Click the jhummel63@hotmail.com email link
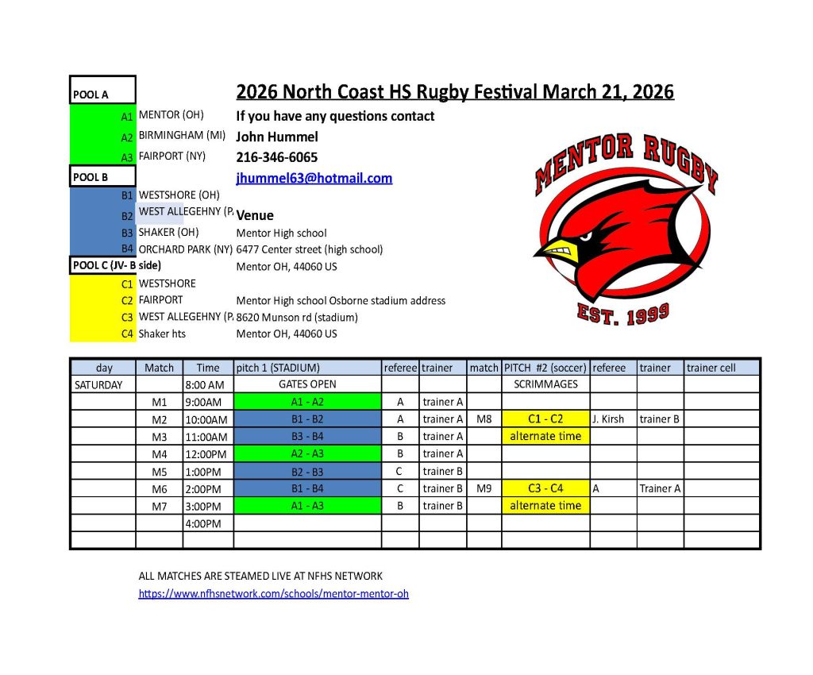pyautogui.click(x=314, y=178)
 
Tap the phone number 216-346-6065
pyautogui.click(x=277, y=157)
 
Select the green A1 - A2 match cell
pyautogui.click(x=307, y=402)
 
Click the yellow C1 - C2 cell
pyautogui.click(x=545, y=418)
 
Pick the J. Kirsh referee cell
pyautogui.click(x=608, y=418)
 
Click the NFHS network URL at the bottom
pyautogui.click(x=273, y=593)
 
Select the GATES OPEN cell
pyautogui.click(x=307, y=384)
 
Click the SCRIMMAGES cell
pyautogui.click(x=545, y=384)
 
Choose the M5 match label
pyautogui.click(x=159, y=471)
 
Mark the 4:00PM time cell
pyautogui.click(x=204, y=523)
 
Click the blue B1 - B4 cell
pyautogui.click(x=307, y=488)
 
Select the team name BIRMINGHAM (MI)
pyautogui.click(x=183, y=135)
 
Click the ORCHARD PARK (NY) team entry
pyautogui.click(x=186, y=249)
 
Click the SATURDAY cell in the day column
pyautogui.click(x=98, y=384)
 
